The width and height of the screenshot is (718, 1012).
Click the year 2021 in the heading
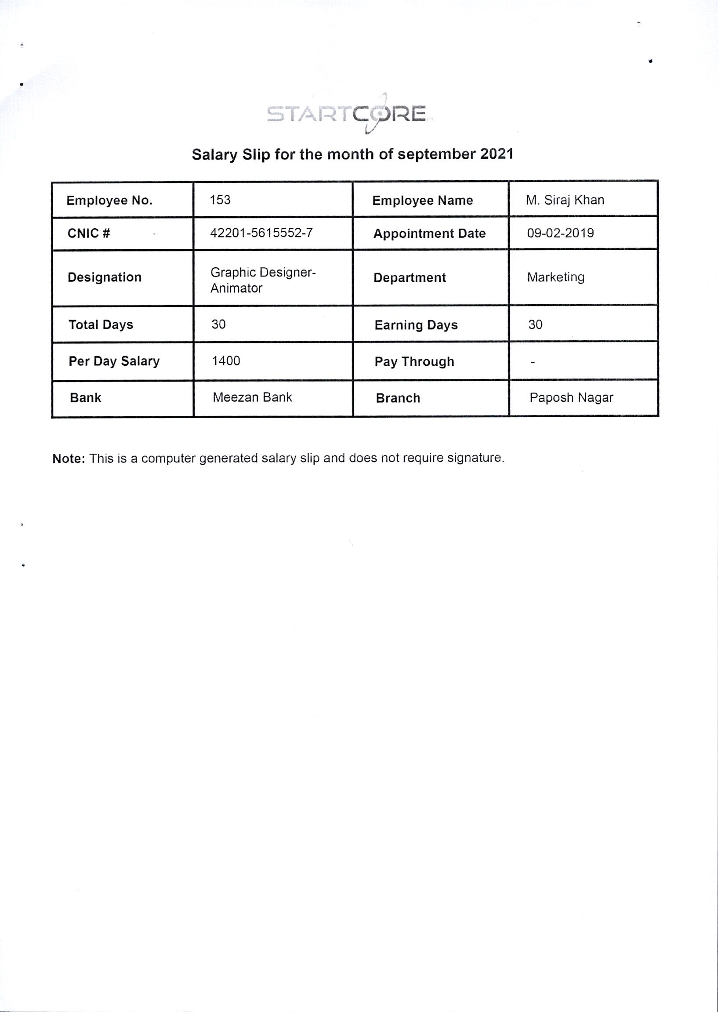[497, 154]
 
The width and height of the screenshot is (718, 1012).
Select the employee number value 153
[220, 200]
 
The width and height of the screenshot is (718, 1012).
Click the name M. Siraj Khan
[565, 200]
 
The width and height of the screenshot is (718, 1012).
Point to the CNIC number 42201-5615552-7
[261, 233]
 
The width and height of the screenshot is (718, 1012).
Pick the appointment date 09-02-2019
[560, 233]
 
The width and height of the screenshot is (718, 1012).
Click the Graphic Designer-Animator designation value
[263, 280]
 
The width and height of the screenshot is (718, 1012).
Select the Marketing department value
[555, 277]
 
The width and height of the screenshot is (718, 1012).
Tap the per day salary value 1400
[226, 361]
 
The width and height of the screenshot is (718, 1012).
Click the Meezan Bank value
[252, 397]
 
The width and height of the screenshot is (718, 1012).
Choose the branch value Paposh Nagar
[571, 398]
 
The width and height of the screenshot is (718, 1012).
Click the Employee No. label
[109, 200]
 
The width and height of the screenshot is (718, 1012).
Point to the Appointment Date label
[429, 233]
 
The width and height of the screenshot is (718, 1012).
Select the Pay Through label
[414, 362]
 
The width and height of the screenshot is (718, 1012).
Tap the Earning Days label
[416, 325]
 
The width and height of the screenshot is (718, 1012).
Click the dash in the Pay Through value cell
[533, 363]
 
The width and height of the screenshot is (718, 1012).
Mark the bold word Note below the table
[68, 459]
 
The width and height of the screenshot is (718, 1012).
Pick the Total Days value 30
[218, 324]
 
